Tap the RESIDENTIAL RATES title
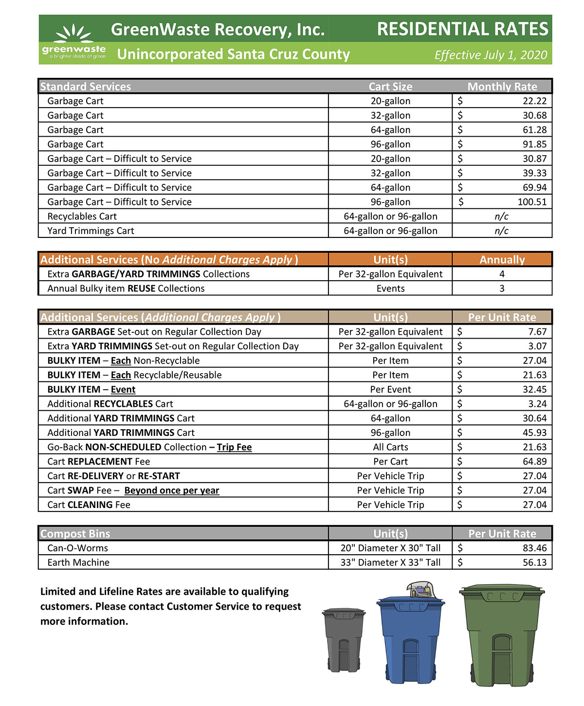click(x=462, y=29)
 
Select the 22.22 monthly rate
click(x=534, y=101)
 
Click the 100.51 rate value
click(x=532, y=202)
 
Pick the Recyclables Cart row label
click(x=82, y=217)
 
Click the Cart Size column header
click(x=390, y=87)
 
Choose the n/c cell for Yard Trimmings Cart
click(x=501, y=231)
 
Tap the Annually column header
click(x=502, y=260)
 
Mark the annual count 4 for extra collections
click(x=502, y=274)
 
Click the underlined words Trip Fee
click(x=234, y=447)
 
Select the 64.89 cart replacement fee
click(x=534, y=461)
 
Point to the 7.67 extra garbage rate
click(x=537, y=332)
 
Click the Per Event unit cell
click(x=390, y=389)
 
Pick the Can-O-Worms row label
click(x=78, y=548)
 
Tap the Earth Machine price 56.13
click(x=534, y=562)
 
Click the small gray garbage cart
click(x=344, y=640)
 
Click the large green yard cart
click(x=501, y=635)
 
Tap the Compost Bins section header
click(x=75, y=534)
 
